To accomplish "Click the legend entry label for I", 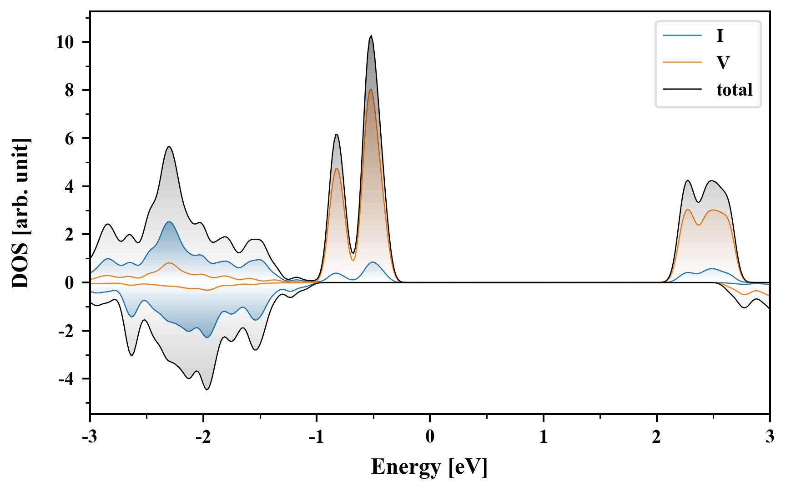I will (720, 36).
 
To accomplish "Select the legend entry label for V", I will (723, 62).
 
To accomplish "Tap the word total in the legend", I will (734, 90).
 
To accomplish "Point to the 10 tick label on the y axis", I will (65, 42).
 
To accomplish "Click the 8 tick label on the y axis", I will (69, 90).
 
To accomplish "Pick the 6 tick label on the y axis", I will (69, 138).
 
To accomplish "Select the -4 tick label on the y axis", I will (66, 379).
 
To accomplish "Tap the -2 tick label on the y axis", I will (66, 331).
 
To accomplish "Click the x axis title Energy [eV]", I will (429, 467).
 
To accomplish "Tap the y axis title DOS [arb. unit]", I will (21, 213).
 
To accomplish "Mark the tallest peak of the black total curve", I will (371, 36).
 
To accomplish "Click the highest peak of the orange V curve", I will (371, 89).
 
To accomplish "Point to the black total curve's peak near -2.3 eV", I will (169, 146).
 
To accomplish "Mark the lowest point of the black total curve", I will (207, 389).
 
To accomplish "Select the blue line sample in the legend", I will (682, 36).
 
